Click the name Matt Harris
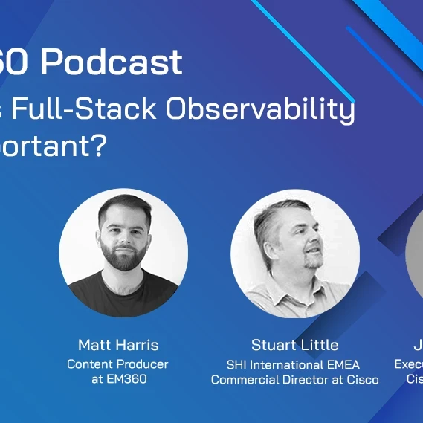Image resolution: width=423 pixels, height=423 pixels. click(x=118, y=345)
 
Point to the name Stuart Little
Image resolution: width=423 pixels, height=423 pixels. click(x=294, y=345)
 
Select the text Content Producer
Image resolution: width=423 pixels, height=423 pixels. click(x=117, y=364)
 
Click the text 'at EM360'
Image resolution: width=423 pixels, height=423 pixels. click(x=117, y=379)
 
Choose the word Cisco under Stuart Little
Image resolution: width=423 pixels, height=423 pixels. click(x=361, y=380)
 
